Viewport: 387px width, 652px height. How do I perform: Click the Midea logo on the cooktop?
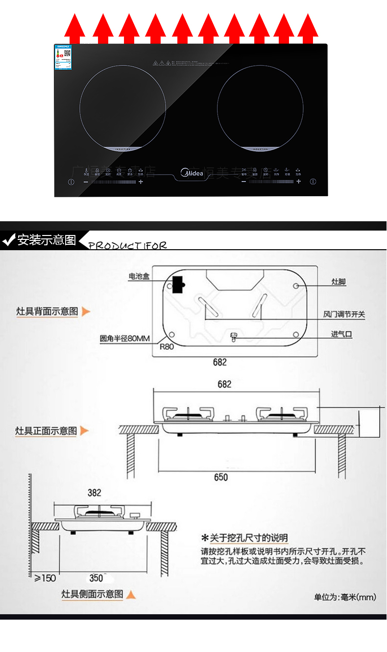pyautogui.click(x=192, y=173)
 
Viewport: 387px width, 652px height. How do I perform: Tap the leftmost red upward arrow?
pyautogui.click(x=75, y=28)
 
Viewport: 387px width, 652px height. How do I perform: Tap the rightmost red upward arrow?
pyautogui.click(x=308, y=28)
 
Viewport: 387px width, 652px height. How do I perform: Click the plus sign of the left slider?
pyautogui.click(x=141, y=182)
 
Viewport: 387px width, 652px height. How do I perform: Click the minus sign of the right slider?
pyautogui.click(x=244, y=182)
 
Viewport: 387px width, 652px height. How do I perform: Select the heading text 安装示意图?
pyautogui.click(x=47, y=240)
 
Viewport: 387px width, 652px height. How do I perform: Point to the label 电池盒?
pyautogui.click(x=139, y=277)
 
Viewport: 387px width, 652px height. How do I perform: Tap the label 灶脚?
pyautogui.click(x=339, y=282)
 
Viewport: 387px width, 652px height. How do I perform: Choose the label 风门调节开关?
pyautogui.click(x=344, y=314)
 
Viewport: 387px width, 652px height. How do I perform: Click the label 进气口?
pyautogui.click(x=341, y=335)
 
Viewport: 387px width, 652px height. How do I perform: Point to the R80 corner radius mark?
pyautogui.click(x=167, y=346)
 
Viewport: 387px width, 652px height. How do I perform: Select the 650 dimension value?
pyautogui.click(x=221, y=477)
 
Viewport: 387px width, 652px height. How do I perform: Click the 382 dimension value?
pyautogui.click(x=95, y=493)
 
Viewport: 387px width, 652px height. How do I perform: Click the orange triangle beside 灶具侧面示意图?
pyautogui.click(x=131, y=595)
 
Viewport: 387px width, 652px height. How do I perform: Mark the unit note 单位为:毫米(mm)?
pyautogui.click(x=345, y=597)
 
